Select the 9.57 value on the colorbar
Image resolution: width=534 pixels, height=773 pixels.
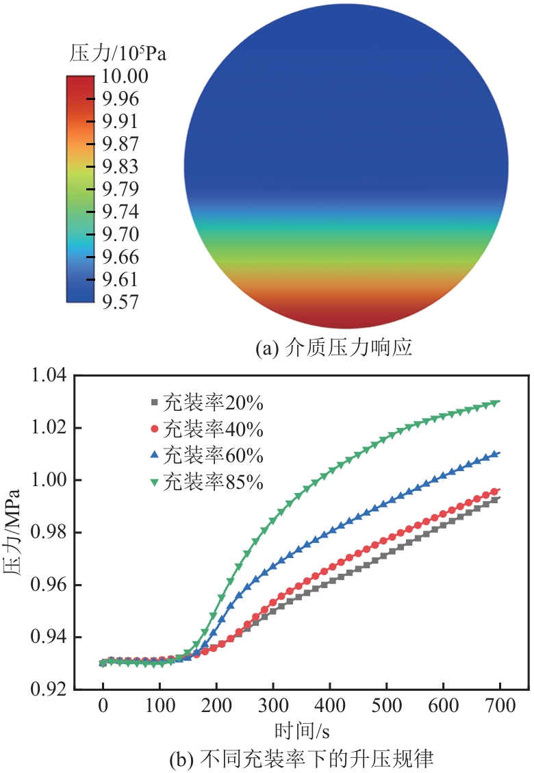click(x=120, y=302)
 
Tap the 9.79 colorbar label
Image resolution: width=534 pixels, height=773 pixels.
click(x=120, y=189)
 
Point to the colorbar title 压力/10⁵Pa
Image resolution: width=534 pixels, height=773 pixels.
click(x=118, y=53)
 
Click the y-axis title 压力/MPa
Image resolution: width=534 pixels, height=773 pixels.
click(x=15, y=533)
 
